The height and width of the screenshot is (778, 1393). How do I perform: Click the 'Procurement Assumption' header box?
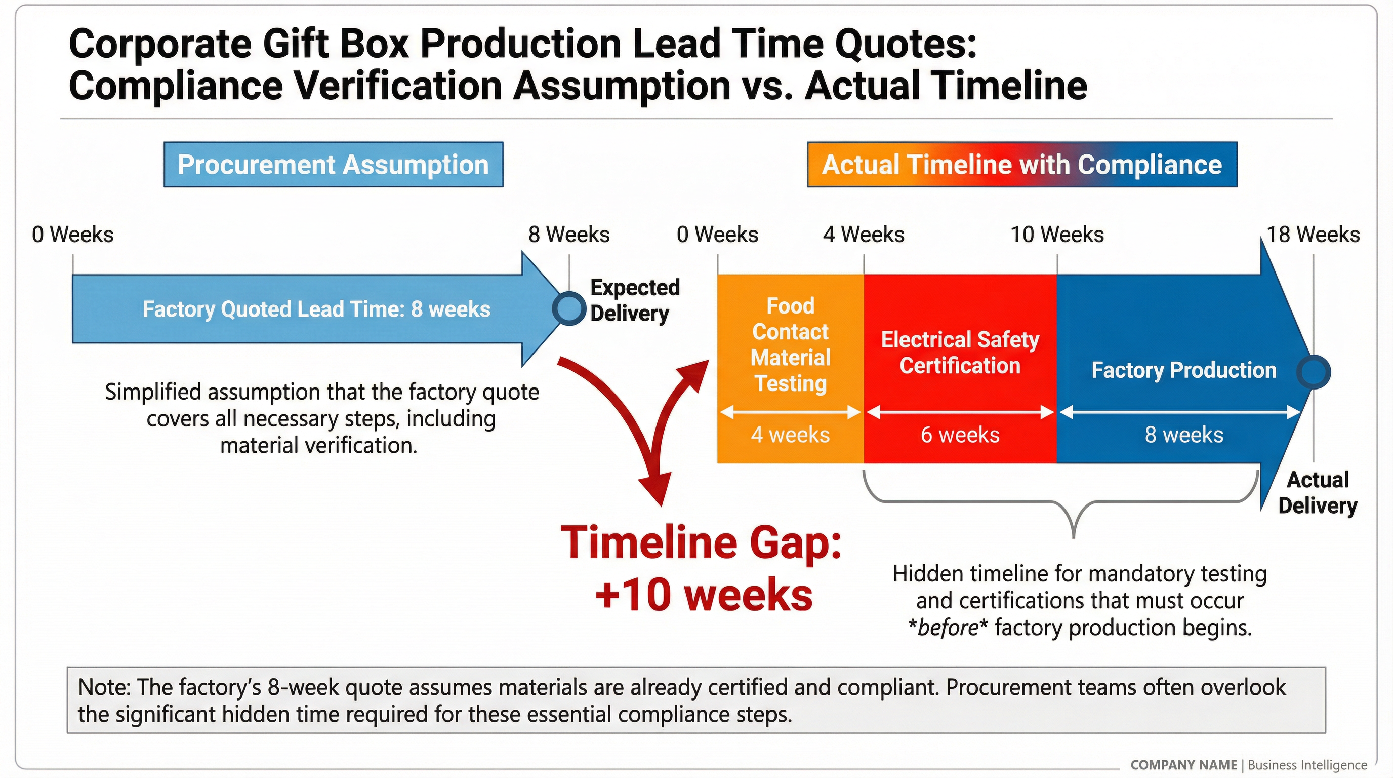(x=333, y=165)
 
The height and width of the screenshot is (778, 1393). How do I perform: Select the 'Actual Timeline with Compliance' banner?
(x=1021, y=165)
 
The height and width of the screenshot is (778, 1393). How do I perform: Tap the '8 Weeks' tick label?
(x=569, y=235)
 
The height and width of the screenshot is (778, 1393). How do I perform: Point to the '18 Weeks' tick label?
(x=1313, y=235)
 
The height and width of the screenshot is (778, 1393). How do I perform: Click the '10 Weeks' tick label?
(x=1057, y=235)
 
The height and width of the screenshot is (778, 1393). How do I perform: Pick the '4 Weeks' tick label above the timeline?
(x=864, y=235)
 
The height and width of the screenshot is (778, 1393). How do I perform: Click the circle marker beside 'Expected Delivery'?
(x=569, y=308)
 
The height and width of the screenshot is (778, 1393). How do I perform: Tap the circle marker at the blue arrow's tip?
(x=1314, y=372)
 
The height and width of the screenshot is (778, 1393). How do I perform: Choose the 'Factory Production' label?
(x=1184, y=370)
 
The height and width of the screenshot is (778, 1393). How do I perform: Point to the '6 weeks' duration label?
(x=960, y=435)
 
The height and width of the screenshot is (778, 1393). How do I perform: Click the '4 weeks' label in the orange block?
(x=790, y=435)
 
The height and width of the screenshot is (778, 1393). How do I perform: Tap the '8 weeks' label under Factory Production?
(x=1184, y=435)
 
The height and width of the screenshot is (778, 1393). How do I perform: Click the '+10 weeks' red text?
(x=704, y=595)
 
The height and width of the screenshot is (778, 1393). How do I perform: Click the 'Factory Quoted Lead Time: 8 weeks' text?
(x=316, y=309)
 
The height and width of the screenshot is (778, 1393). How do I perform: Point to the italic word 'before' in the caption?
(x=948, y=628)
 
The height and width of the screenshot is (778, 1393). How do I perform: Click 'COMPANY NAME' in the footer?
(x=1183, y=765)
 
